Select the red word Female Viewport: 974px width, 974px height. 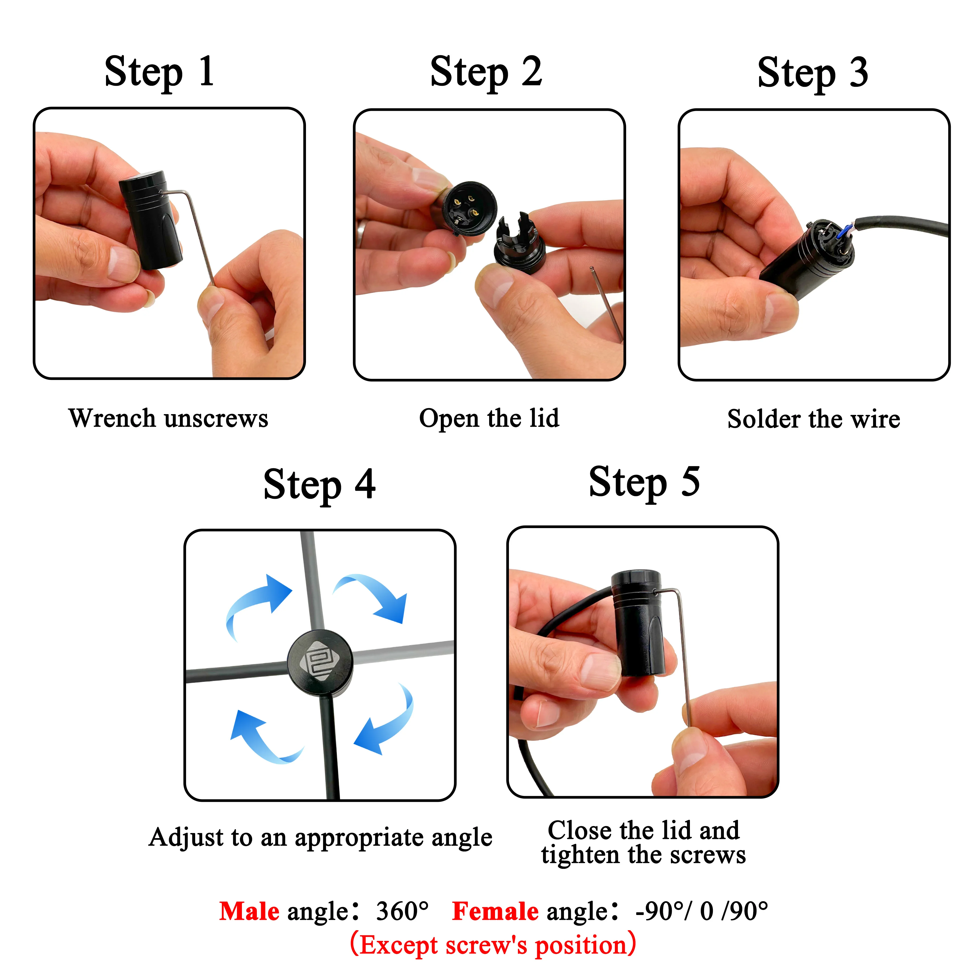point(495,912)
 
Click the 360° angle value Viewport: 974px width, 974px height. point(402,912)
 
